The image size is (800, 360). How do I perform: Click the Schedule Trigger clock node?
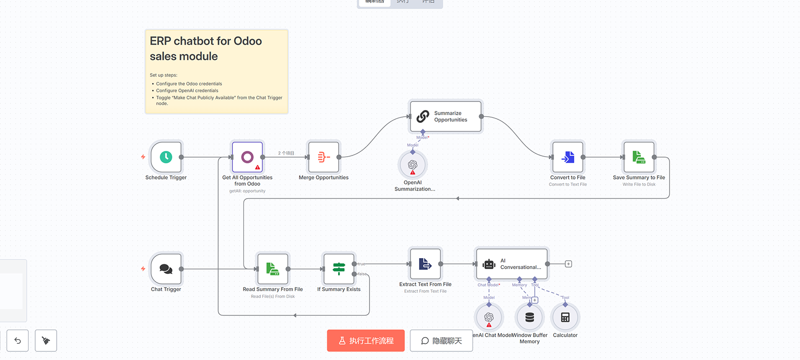166,157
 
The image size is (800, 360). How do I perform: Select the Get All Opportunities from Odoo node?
247,157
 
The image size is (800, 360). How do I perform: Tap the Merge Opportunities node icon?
324,157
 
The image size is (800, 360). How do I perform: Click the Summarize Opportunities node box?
446,116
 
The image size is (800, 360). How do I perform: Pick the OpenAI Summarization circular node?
412,165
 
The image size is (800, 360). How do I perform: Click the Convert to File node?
568,157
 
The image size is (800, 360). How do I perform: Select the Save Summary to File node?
639,157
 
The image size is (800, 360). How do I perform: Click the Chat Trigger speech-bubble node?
166,269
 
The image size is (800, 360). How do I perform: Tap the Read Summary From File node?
272,269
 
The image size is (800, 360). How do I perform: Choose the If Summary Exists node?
339,269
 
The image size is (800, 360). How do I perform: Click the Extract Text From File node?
425,264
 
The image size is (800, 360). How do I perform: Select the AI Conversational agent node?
512,264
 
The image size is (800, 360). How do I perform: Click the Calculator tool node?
565,318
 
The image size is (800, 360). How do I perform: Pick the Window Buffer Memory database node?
530,318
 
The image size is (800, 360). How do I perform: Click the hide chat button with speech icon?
441,341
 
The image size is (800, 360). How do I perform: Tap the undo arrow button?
18,341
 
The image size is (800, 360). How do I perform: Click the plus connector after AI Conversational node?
569,264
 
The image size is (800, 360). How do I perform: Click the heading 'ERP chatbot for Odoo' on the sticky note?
206,41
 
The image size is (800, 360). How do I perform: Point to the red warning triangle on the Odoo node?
258,167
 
